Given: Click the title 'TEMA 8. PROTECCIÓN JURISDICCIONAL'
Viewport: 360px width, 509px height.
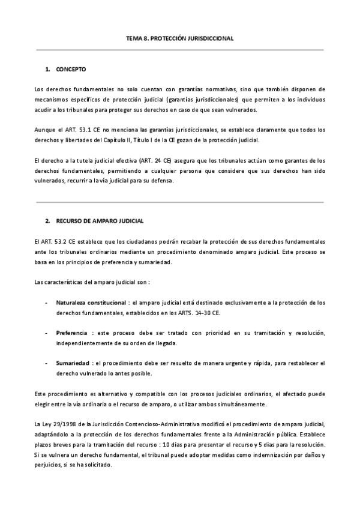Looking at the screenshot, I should pyautogui.click(x=180, y=38).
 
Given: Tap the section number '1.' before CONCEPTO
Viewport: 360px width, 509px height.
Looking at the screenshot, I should pyautogui.click(x=47, y=70).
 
